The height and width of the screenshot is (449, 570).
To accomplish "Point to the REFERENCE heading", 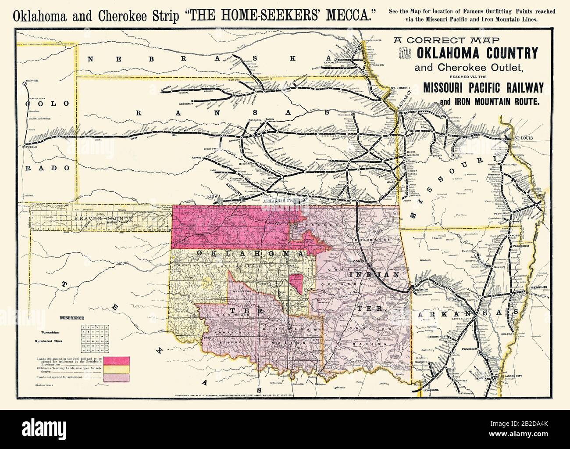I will (x=72, y=318).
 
